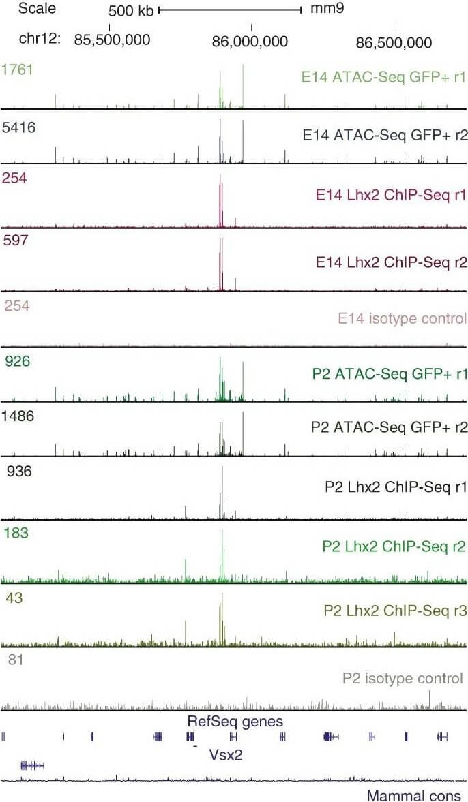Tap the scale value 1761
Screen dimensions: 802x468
click(x=17, y=69)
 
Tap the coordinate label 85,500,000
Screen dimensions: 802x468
click(x=113, y=40)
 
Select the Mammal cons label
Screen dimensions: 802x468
click(x=413, y=795)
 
